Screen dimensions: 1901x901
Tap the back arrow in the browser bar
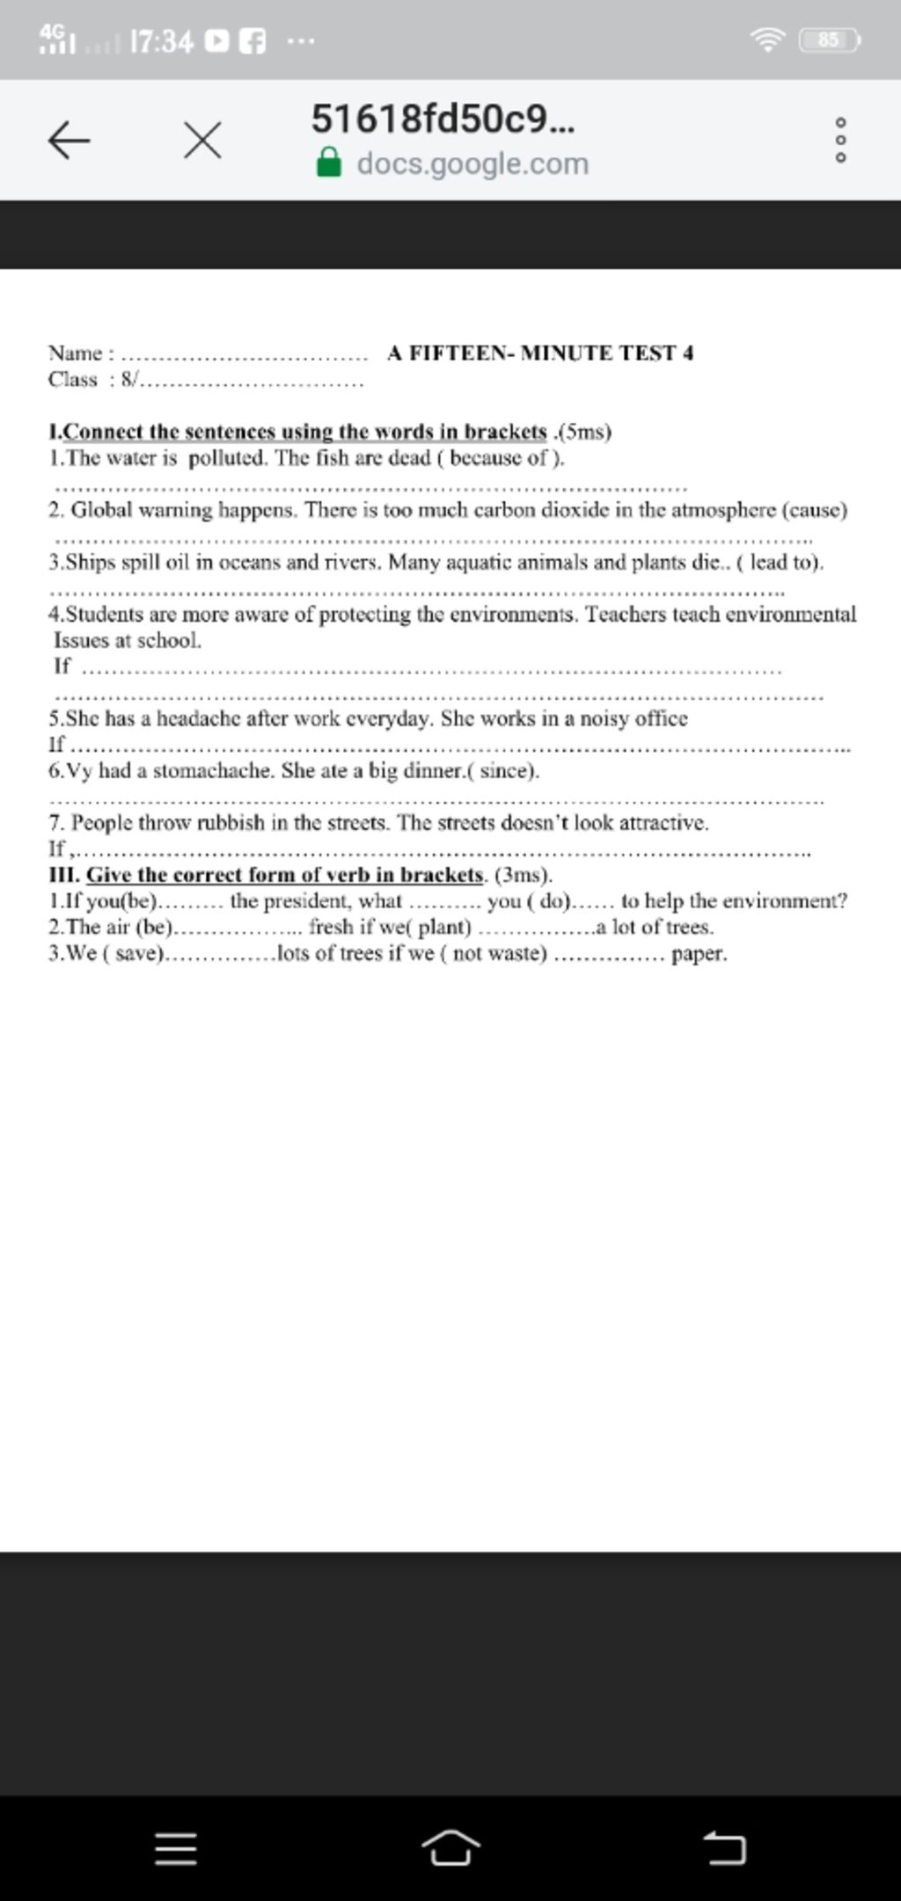tap(69, 141)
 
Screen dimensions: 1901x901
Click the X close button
tap(202, 141)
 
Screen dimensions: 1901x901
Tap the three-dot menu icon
tap(840, 141)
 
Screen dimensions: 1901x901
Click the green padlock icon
tap(329, 164)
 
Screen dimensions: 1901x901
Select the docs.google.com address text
tap(472, 164)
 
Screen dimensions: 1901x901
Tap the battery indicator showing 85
tap(828, 40)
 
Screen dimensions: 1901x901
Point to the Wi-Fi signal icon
tap(767, 40)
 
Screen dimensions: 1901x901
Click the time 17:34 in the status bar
tap(161, 40)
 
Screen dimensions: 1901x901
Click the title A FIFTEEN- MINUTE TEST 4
tap(540, 353)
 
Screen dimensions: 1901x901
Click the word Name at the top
tap(76, 353)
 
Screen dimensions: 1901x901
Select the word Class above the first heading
tap(73, 380)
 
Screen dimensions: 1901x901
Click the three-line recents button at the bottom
tap(176, 1849)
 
